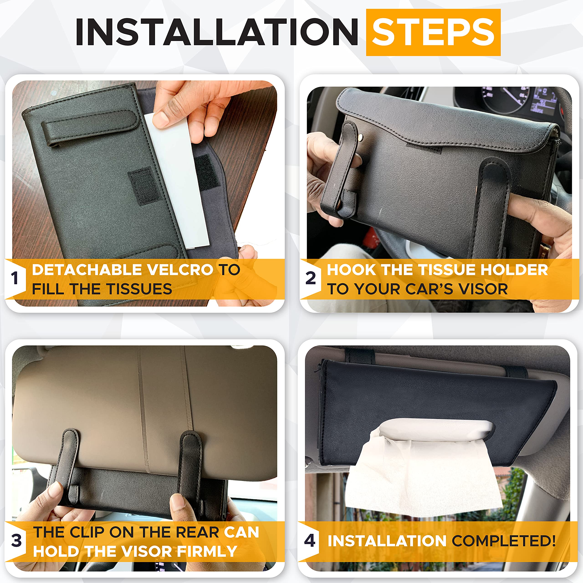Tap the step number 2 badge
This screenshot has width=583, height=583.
point(310,278)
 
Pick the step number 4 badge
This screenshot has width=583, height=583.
point(310,540)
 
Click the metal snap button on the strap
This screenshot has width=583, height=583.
point(361,137)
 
